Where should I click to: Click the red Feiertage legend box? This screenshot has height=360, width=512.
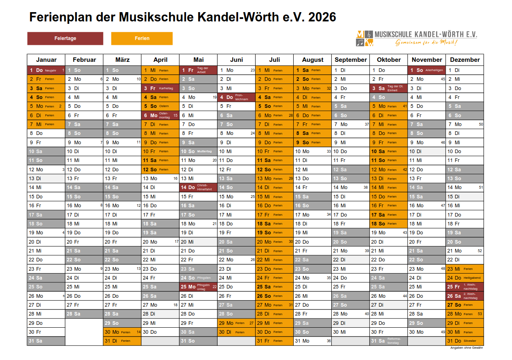65,38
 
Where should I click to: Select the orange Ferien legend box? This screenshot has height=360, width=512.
142,38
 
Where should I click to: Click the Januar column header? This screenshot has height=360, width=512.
46,60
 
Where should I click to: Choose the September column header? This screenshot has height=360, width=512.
351,60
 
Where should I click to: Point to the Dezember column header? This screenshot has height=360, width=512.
465,60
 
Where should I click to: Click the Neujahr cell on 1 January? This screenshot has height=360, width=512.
46,70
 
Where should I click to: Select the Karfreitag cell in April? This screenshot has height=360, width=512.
160,88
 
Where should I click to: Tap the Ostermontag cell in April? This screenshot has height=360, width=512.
160,115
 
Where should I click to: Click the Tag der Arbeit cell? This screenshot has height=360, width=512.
198,70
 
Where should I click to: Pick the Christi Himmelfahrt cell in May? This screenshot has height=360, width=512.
198,187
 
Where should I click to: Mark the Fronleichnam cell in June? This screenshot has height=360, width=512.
236,97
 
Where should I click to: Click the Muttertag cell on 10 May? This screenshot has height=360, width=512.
198,152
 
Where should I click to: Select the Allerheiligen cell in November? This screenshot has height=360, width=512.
427,70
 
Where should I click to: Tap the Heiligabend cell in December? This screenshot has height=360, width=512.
465,278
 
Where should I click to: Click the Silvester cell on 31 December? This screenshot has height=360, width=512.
465,341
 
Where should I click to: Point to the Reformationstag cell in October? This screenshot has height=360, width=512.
389,341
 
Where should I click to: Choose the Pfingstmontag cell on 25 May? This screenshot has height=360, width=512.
198,287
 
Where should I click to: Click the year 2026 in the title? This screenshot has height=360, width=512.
322,17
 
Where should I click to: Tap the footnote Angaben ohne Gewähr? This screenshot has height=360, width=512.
466,348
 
